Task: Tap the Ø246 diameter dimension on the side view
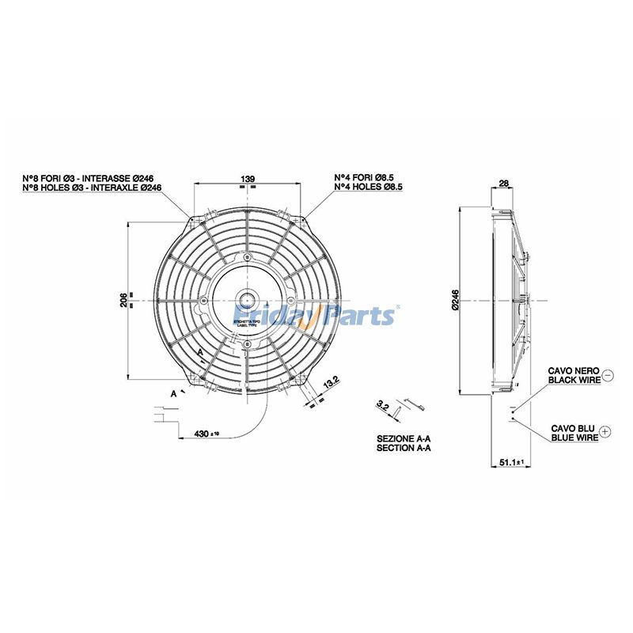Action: click(455, 301)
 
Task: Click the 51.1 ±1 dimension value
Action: click(512, 462)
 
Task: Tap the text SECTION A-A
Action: click(404, 448)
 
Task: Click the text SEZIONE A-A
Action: click(404, 438)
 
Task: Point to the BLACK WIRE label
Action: click(573, 380)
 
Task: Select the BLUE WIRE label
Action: click(574, 437)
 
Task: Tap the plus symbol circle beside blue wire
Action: click(606, 432)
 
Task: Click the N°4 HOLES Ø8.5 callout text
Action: click(369, 187)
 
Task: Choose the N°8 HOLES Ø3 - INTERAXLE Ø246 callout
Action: click(92, 188)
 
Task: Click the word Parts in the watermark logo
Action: click(360, 316)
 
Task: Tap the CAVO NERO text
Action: click(573, 370)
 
